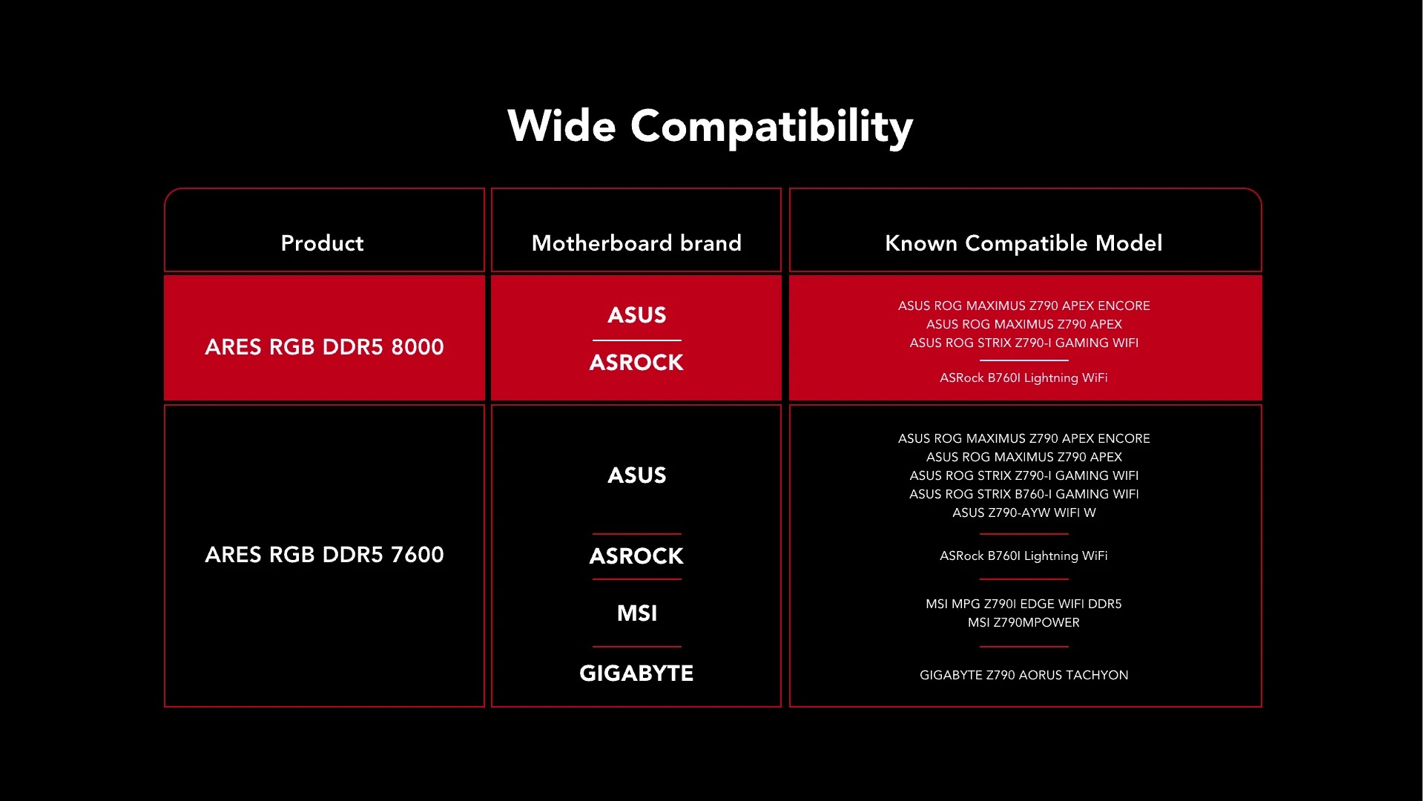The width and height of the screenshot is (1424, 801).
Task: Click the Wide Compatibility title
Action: pos(711,126)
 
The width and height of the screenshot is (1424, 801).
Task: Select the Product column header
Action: pos(323,243)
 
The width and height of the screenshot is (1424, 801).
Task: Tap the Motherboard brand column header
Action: pos(636,243)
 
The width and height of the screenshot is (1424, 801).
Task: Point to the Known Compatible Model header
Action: pos(1023,243)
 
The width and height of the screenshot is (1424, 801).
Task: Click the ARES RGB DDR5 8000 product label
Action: pos(324,346)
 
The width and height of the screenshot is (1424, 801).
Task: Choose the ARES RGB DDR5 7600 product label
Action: pos(324,554)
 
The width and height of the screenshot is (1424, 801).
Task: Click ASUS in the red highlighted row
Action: pos(637,314)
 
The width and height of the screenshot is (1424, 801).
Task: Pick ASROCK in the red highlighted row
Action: pos(636,362)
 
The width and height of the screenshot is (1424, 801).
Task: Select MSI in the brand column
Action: pos(637,613)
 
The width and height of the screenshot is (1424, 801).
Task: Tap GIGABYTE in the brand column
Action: pos(636,673)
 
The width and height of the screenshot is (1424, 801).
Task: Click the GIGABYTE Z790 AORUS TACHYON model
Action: pos(1023,675)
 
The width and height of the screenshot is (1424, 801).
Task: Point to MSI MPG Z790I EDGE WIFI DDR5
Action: pos(1023,604)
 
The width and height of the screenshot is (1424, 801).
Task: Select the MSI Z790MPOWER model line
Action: pos(1023,622)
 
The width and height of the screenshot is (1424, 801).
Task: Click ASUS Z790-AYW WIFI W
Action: pos(1023,512)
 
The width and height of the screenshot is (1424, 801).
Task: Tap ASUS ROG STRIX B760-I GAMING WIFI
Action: pos(1023,494)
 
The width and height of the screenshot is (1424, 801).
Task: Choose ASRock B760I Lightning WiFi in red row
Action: pos(1023,378)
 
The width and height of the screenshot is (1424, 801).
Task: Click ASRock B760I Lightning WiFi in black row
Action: pos(1023,556)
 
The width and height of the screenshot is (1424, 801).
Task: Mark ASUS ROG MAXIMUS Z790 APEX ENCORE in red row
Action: pos(1023,306)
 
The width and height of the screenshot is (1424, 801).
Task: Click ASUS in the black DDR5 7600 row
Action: pos(637,475)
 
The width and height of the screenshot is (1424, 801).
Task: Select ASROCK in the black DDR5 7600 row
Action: pos(636,556)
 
